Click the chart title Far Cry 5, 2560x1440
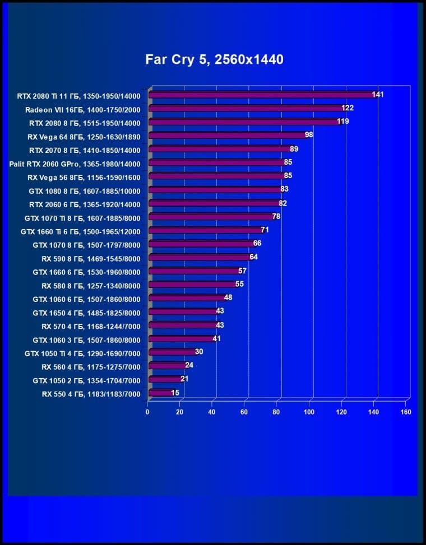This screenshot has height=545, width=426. point(214,59)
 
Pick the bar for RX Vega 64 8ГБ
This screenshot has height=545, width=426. point(226,136)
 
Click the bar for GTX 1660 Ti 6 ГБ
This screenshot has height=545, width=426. point(205,230)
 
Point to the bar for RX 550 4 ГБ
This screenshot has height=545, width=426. point(160,393)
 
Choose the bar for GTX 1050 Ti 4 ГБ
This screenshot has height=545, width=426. point(172,352)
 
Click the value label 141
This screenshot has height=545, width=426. point(378,95)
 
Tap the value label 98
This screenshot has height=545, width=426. point(309,135)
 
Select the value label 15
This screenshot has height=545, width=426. point(175,393)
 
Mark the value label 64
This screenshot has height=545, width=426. point(254,257)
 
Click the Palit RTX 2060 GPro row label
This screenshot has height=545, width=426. point(75,164)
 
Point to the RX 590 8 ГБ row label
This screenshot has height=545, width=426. point(91,258)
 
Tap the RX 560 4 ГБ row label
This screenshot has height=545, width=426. point(91,366)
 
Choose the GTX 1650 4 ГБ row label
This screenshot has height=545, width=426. point(86,312)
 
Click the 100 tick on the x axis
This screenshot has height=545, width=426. point(309,412)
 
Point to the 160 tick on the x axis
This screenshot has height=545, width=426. point(406,412)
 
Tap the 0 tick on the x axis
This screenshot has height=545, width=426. point(147,412)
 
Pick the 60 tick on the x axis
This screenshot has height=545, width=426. point(244,412)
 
